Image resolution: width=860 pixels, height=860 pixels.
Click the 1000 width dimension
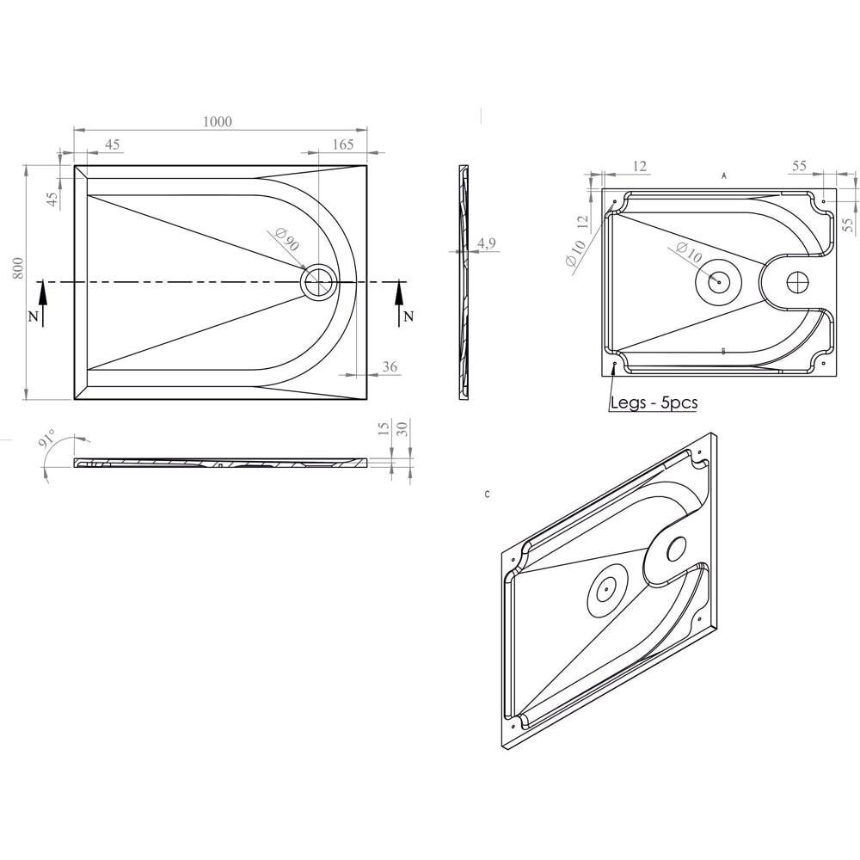(218, 122)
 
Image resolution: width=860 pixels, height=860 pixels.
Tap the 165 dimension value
(342, 144)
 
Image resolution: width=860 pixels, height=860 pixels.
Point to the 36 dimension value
(389, 367)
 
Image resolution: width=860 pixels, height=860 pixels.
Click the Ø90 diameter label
(283, 242)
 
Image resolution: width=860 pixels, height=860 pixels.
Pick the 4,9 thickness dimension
(486, 243)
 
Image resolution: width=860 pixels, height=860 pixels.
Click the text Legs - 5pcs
(654, 402)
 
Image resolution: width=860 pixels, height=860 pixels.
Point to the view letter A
(724, 175)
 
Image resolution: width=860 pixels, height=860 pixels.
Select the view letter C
(488, 494)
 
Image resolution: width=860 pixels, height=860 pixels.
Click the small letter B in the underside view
(724, 351)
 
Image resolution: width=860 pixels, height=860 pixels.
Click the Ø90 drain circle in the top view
(320, 281)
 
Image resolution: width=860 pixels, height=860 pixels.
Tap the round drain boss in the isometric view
(606, 589)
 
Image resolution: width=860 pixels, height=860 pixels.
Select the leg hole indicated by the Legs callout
(614, 365)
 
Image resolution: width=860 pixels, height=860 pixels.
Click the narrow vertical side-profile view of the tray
(464, 281)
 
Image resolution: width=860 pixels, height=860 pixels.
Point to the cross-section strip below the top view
(221, 463)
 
